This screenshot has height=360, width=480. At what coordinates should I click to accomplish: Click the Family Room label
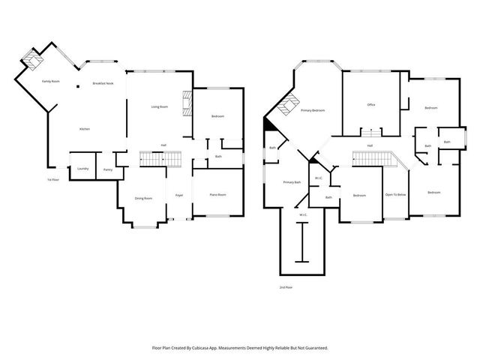click(50, 81)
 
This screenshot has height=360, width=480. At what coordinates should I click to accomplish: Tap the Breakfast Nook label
click(103, 83)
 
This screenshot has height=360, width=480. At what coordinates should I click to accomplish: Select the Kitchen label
click(85, 130)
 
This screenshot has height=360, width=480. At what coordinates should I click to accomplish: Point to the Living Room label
click(159, 107)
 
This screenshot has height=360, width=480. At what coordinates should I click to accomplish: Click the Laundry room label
click(82, 169)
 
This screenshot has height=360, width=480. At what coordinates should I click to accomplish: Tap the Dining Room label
click(143, 198)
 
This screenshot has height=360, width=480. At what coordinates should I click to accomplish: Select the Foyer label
click(179, 196)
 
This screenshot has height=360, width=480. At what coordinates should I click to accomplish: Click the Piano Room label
click(217, 194)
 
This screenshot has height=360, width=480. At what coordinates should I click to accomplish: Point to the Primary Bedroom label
click(313, 110)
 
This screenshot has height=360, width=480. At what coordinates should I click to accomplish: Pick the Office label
click(370, 104)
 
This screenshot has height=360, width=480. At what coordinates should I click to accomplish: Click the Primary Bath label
click(292, 182)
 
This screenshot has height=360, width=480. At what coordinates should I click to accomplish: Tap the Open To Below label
click(395, 195)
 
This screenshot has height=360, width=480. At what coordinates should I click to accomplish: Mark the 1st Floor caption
click(53, 180)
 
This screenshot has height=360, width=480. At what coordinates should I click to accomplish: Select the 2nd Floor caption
click(286, 287)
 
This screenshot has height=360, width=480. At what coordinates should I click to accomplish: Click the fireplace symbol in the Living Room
click(187, 103)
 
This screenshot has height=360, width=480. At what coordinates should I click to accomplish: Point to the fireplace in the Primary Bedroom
click(283, 108)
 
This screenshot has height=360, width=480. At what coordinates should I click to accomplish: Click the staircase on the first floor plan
click(161, 159)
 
